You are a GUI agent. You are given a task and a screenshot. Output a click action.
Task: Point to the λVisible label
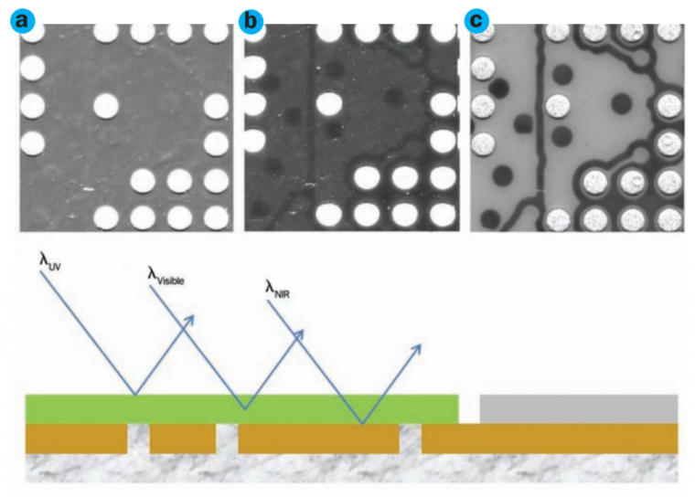[x=165, y=275]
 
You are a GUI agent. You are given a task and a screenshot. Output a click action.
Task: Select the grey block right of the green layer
[x=578, y=408]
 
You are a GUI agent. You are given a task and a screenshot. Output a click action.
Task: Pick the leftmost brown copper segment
[x=76, y=439]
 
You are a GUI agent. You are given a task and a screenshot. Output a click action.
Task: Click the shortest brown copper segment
[x=182, y=439]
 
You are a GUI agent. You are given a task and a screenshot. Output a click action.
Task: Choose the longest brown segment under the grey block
[x=549, y=439]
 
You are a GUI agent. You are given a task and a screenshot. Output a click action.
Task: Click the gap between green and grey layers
[x=469, y=408]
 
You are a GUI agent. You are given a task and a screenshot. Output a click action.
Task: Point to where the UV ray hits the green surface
[x=136, y=395]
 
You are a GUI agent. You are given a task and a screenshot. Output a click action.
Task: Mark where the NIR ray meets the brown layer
[x=363, y=424]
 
